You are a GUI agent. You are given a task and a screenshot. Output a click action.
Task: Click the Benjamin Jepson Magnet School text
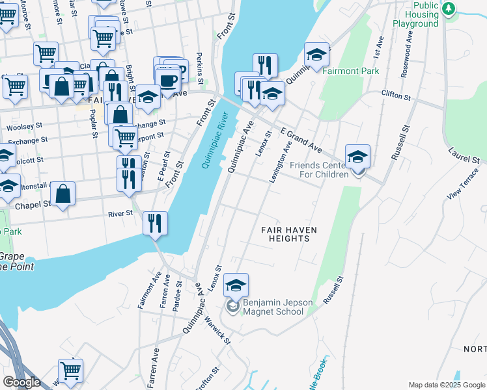(273, 307)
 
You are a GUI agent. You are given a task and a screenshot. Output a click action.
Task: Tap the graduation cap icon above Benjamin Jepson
(236, 284)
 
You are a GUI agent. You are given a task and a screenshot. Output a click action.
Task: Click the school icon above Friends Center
(357, 157)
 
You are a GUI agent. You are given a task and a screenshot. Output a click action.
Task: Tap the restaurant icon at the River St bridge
(155, 223)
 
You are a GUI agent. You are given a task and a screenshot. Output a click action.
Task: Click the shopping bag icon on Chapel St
(63, 193)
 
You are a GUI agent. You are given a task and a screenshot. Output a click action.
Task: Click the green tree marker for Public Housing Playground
(448, 8)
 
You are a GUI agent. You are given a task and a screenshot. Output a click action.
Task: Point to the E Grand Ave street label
(301, 138)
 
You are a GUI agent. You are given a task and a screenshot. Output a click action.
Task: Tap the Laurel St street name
(464, 153)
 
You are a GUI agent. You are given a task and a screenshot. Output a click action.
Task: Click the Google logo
(21, 382)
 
